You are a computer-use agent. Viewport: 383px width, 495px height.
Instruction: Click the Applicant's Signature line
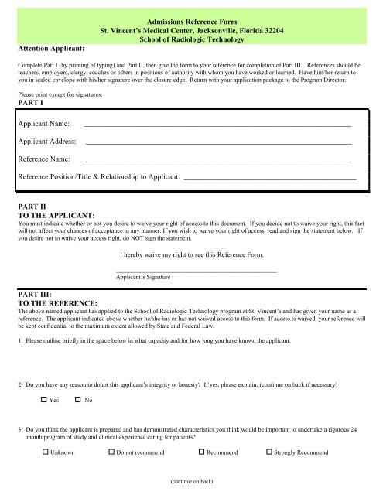coord(195,271)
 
